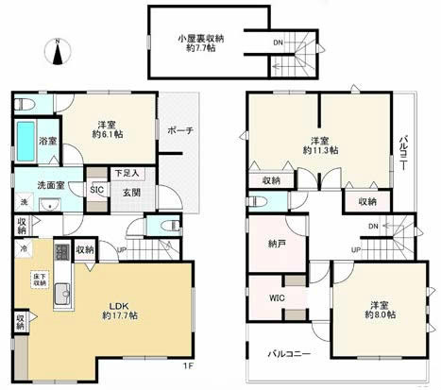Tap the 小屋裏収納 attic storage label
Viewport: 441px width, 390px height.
(x=198, y=39)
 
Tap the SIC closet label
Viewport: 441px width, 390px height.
(x=96, y=189)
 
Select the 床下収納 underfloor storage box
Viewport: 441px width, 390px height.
(x=41, y=280)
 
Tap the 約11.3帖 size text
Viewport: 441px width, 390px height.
(x=319, y=149)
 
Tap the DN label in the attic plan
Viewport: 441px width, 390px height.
(x=276, y=43)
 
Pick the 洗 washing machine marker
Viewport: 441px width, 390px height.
(x=23, y=202)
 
